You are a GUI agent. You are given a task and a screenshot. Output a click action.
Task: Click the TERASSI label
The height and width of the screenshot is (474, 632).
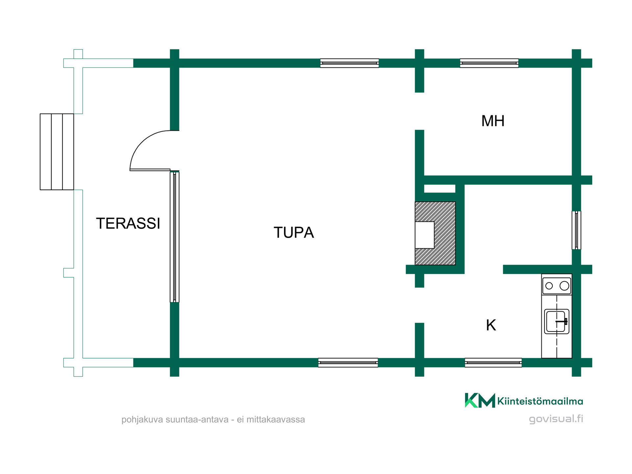click(x=128, y=224)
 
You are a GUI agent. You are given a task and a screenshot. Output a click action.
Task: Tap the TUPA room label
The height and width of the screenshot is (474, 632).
click(x=294, y=233)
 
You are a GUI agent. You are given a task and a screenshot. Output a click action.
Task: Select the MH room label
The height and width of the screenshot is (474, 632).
click(x=493, y=121)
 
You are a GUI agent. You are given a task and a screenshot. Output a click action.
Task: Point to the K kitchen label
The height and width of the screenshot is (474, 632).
click(x=491, y=325)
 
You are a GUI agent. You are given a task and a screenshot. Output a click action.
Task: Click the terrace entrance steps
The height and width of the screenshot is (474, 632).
click(x=57, y=152)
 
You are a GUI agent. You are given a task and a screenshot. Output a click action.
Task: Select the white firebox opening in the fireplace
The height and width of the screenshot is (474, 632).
click(x=425, y=235)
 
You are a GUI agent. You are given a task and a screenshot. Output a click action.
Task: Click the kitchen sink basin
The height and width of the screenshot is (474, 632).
click(x=557, y=322)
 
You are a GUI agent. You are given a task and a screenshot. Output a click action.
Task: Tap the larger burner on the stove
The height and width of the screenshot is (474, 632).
click(x=565, y=286)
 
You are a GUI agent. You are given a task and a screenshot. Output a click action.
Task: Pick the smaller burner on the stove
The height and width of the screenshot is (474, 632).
click(x=549, y=286)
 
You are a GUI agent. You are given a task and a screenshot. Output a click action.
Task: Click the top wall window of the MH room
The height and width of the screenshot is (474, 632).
click(x=489, y=63)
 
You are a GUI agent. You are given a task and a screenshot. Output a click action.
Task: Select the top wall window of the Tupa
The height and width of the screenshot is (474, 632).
click(x=350, y=63)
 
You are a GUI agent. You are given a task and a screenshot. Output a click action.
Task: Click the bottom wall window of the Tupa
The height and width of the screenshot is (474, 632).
click(x=348, y=363)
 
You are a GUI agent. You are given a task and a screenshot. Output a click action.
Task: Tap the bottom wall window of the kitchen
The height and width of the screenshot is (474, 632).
click(x=493, y=363)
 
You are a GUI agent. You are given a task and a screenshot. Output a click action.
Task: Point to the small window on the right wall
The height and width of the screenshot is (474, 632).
click(x=576, y=230)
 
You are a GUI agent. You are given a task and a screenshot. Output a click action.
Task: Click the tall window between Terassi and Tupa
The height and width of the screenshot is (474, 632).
click(x=174, y=237)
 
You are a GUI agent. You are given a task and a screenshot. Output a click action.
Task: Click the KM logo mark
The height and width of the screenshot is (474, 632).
click(x=480, y=400)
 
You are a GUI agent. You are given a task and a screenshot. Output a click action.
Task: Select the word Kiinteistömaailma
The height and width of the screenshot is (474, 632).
click(x=540, y=401)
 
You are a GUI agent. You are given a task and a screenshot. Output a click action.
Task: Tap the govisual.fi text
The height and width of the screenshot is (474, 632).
click(x=556, y=419)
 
